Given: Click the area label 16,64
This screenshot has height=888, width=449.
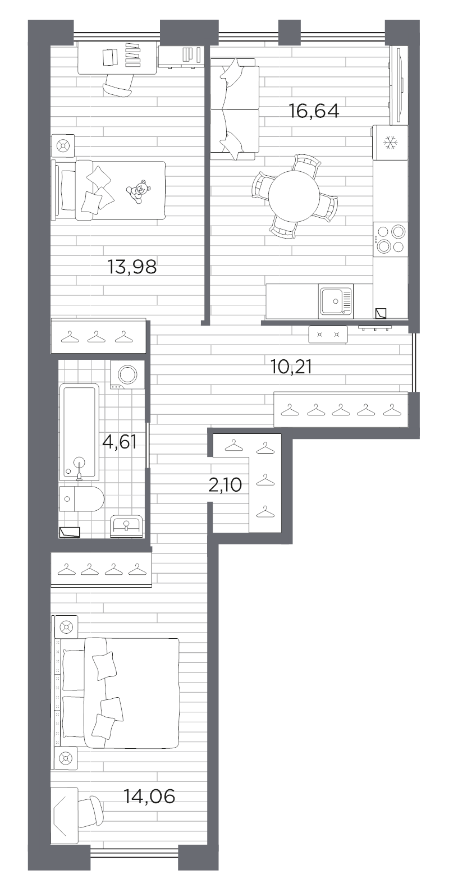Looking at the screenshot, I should [x=314, y=111].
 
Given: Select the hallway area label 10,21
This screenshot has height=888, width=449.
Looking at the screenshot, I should [x=291, y=367].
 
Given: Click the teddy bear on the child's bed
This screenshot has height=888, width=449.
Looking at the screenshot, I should [x=137, y=191].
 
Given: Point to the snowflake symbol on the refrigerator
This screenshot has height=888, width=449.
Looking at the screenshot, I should [x=390, y=143].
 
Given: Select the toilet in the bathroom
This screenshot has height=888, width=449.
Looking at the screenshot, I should [x=83, y=498].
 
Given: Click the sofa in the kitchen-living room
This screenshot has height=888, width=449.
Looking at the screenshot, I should [x=235, y=110].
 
